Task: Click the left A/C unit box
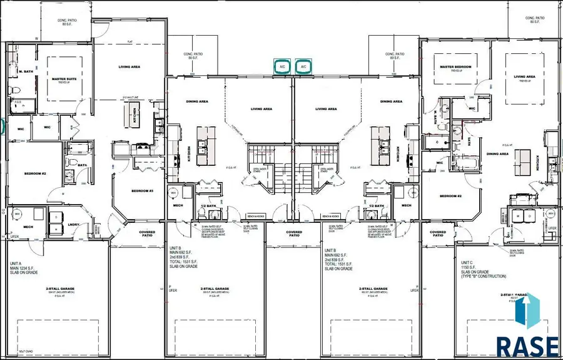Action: click(x=283, y=66)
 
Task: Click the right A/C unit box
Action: click(x=303, y=66)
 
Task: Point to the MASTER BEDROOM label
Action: click(x=455, y=67)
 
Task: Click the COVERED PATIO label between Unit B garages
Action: click(x=293, y=233)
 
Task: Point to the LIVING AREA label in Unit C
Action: click(x=524, y=77)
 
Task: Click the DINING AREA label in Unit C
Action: click(x=497, y=153)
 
